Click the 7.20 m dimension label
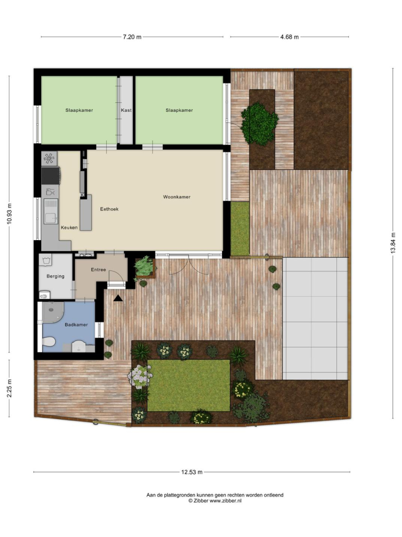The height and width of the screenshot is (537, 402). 132,37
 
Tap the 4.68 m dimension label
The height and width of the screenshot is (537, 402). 289,37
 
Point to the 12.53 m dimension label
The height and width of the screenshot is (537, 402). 192,472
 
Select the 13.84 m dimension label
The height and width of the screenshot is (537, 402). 393,243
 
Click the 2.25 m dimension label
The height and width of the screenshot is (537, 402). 9,388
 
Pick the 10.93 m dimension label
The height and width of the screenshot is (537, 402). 9,214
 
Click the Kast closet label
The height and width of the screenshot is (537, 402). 126,110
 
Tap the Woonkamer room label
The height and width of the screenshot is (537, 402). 176,197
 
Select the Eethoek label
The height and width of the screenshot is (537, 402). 109,209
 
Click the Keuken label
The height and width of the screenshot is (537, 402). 69,227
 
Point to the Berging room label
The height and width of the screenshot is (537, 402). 56,276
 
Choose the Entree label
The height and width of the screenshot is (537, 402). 98,270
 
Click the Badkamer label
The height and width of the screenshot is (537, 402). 77,325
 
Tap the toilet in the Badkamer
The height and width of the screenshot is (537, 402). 49,342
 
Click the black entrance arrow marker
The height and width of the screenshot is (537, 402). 118,298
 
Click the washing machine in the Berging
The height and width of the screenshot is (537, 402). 45,260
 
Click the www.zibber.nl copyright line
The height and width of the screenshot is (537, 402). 215,501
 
